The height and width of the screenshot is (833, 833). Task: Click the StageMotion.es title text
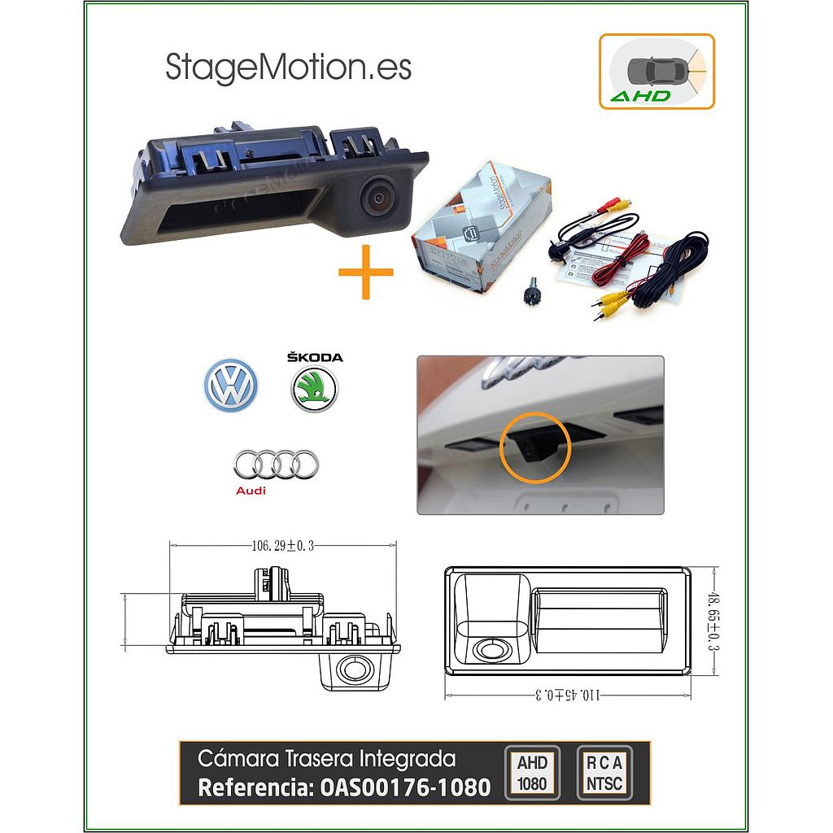pos(288,68)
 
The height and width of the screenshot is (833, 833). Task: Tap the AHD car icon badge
pos(656,72)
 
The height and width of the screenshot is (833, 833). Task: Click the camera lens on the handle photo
pos(377,195)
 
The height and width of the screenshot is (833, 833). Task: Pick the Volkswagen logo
pos(230,385)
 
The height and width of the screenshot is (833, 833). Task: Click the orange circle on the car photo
pos(534,447)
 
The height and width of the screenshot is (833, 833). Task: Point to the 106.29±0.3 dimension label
pos(282,547)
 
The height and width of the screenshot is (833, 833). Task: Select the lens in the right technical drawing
pos(491,649)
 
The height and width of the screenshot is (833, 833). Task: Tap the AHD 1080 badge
pos(532,773)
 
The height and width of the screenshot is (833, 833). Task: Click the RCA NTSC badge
pos(604,773)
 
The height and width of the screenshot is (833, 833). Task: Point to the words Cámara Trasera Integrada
pos(326,759)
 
